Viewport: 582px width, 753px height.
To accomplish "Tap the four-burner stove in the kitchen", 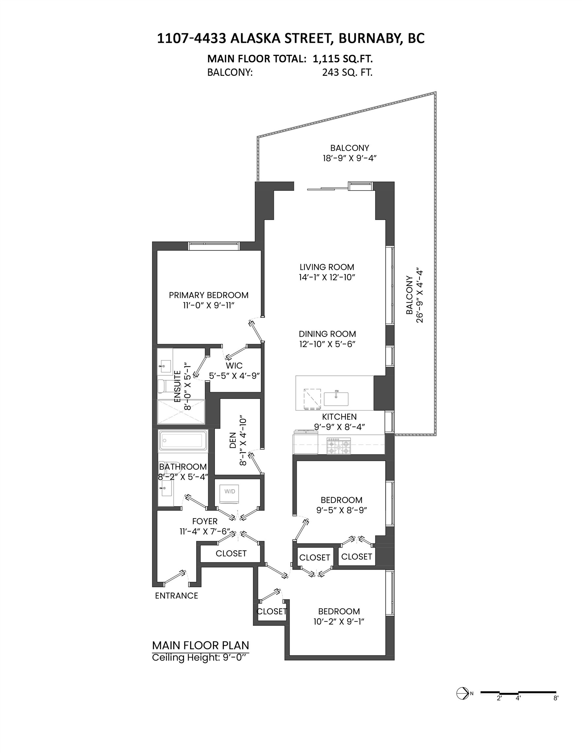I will click(339, 446).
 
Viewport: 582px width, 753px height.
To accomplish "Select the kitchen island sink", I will click(336, 399).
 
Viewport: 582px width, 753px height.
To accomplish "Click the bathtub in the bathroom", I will click(183, 440).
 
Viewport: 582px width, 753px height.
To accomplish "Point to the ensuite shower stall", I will click(181, 412).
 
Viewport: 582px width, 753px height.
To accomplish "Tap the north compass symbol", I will click(462, 693).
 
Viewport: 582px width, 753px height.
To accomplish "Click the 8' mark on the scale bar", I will click(556, 698).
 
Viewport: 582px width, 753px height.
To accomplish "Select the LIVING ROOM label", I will click(326, 267).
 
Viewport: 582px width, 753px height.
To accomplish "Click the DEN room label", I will click(233, 440).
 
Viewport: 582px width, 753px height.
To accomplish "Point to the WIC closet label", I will click(234, 365).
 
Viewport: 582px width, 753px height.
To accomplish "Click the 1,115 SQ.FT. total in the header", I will click(343, 59).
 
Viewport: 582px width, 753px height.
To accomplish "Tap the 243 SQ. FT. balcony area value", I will click(347, 73).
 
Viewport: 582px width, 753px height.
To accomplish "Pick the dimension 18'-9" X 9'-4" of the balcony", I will click(349, 158).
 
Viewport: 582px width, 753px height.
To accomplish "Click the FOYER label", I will click(205, 521).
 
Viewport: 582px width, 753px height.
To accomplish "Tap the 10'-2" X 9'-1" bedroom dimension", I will click(338, 621).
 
